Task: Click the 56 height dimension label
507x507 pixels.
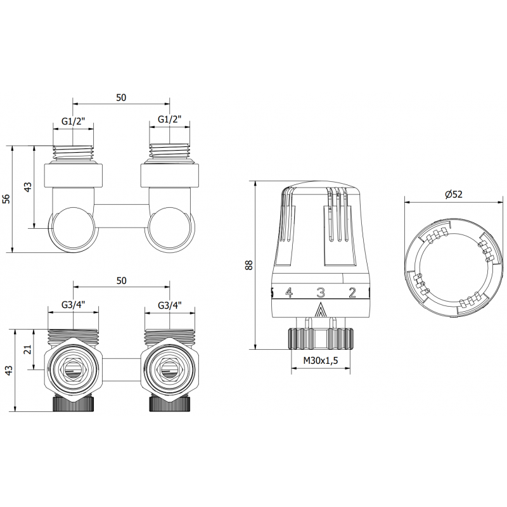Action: [6, 198]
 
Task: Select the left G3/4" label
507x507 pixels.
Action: [74, 305]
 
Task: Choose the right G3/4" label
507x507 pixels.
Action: [169, 305]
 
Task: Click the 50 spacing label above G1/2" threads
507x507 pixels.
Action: [122, 97]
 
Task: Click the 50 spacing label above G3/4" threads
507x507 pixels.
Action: [122, 280]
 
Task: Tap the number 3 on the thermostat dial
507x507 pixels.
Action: [321, 292]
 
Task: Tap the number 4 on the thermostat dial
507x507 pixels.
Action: [288, 292]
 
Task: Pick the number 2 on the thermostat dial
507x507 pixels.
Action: [352, 292]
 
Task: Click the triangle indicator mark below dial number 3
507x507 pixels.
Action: [321, 311]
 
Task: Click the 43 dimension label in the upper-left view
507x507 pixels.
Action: [27, 188]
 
